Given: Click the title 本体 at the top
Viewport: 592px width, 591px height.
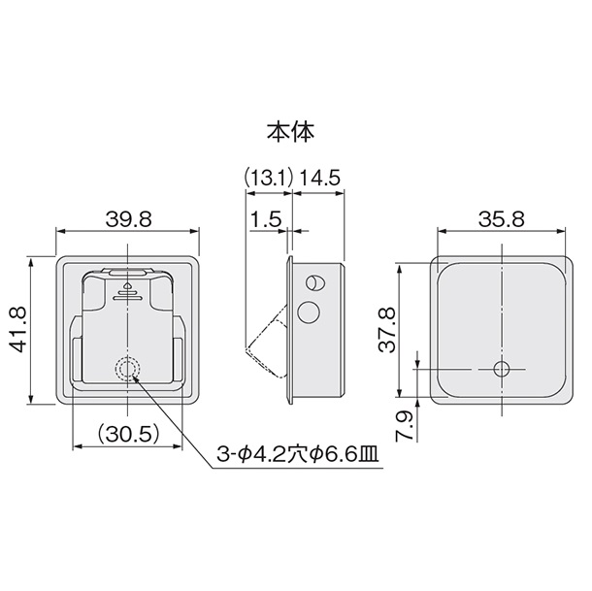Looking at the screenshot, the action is pyautogui.click(x=291, y=132).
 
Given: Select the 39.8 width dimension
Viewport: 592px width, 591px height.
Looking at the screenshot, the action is pyautogui.click(x=128, y=219).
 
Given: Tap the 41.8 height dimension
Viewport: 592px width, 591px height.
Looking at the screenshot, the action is pyautogui.click(x=17, y=329).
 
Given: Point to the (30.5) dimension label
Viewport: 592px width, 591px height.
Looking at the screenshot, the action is pyautogui.click(x=127, y=435).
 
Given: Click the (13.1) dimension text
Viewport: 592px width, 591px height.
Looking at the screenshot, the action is pyautogui.click(x=268, y=178).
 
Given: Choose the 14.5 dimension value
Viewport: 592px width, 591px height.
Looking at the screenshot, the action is pyautogui.click(x=320, y=178).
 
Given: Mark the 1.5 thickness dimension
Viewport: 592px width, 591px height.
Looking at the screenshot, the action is pyautogui.click(x=266, y=219).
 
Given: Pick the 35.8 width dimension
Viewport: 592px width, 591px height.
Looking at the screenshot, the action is pyautogui.click(x=502, y=219).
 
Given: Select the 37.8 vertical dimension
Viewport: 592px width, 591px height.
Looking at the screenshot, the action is pyautogui.click(x=386, y=329).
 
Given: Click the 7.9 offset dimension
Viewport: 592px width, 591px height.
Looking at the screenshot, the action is pyautogui.click(x=404, y=426).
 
